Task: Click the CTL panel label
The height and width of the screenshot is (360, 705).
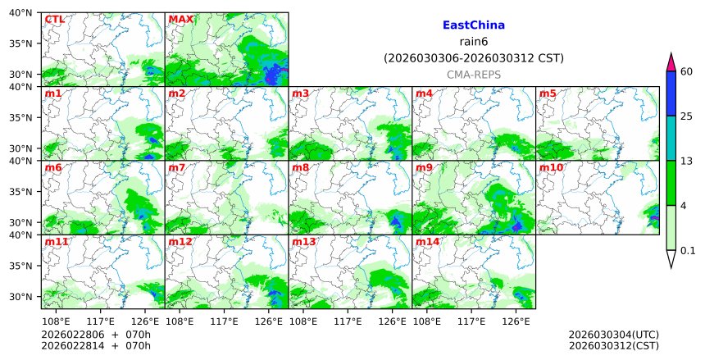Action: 54,19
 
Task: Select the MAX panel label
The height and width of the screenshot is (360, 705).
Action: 180,19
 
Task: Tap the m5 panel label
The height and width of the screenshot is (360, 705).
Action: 547,93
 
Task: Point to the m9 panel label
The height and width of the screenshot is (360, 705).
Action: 424,168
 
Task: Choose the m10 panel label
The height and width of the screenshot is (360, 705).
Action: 551,168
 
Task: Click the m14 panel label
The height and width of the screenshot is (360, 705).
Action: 428,242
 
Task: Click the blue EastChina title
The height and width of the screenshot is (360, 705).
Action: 473,25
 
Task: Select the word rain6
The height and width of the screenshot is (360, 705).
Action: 473,42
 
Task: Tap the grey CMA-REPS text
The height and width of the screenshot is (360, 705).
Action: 473,75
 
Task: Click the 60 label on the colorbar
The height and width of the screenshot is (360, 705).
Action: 687,71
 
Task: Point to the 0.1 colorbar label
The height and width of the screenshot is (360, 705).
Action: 688,251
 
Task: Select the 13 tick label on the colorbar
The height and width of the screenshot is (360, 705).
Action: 687,161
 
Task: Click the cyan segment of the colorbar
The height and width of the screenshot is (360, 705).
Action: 671,138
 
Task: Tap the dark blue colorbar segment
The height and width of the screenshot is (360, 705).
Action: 671,93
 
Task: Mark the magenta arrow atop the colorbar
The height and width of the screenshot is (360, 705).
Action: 671,62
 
